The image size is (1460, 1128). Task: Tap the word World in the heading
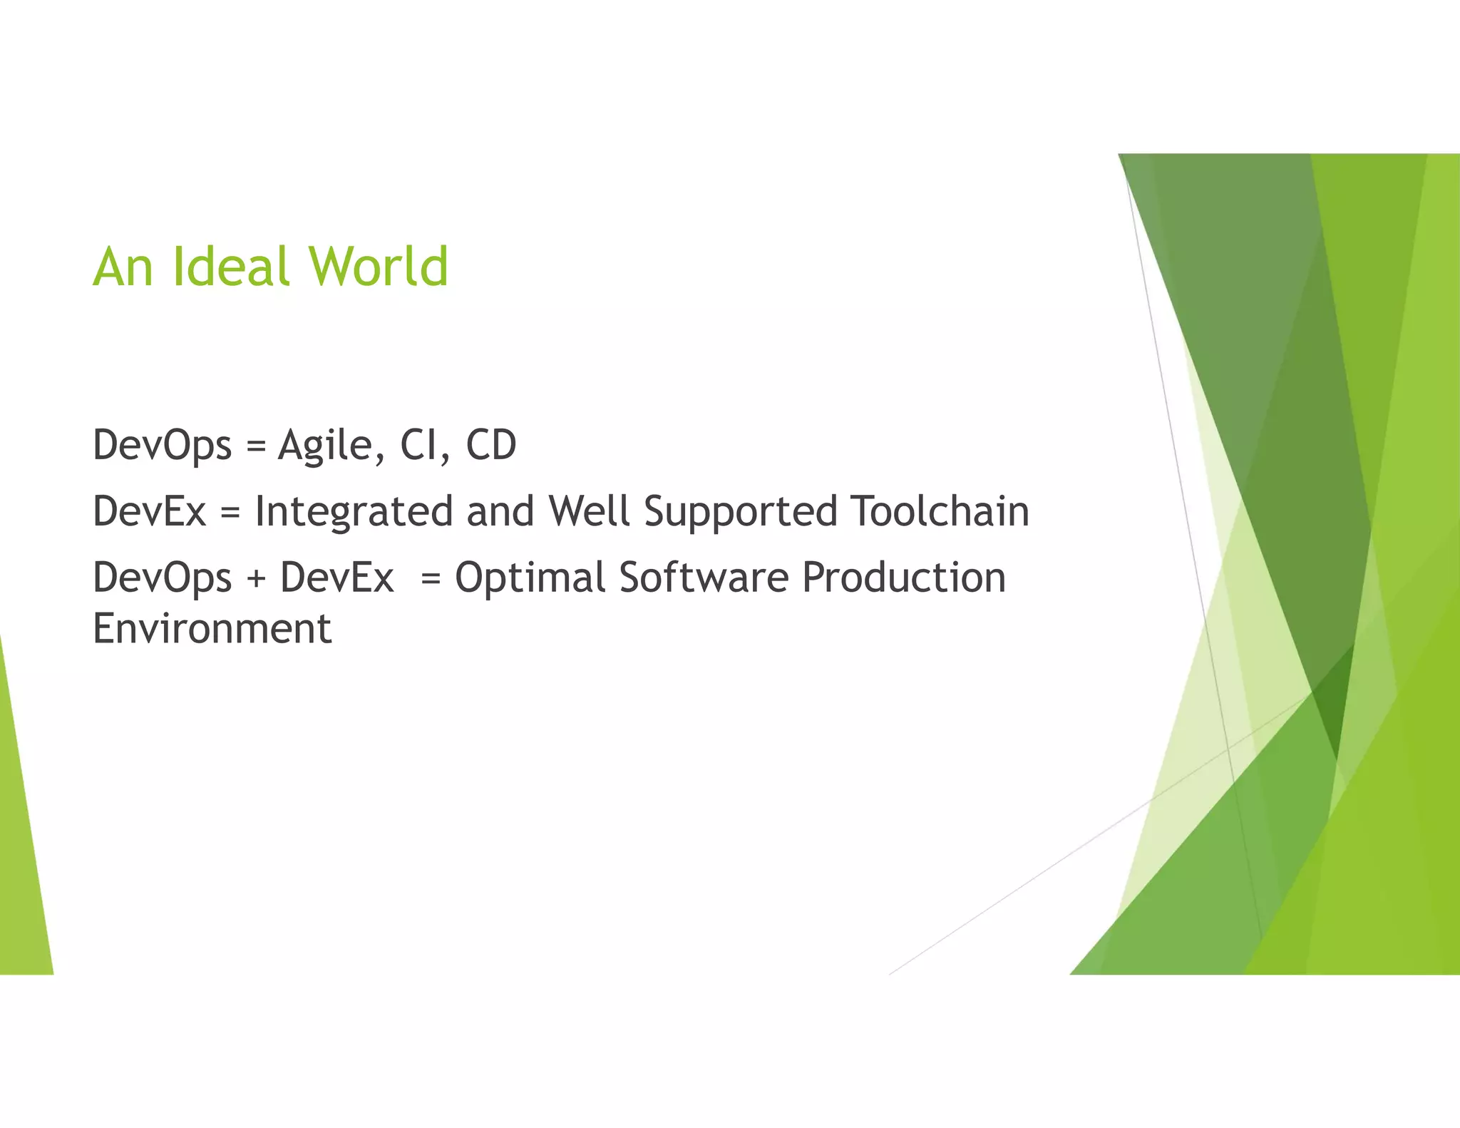pyautogui.click(x=378, y=267)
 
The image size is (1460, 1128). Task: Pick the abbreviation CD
pyautogui.click(x=491, y=446)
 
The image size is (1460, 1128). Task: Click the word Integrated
pyautogui.click(x=354, y=513)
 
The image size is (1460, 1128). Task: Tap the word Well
pyautogui.click(x=589, y=511)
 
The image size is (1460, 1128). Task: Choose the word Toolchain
pyautogui.click(x=940, y=511)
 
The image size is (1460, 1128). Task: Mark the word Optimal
pyautogui.click(x=530, y=578)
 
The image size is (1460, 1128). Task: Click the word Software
pyautogui.click(x=704, y=578)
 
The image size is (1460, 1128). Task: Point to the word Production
pyautogui.click(x=903, y=578)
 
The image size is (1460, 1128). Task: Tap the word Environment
pyautogui.click(x=212, y=629)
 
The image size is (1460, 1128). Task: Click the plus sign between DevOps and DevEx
pyautogui.click(x=256, y=579)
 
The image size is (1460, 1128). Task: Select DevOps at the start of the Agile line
pyautogui.click(x=163, y=446)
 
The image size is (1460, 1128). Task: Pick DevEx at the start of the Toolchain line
pyautogui.click(x=150, y=512)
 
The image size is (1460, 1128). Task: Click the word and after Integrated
pyautogui.click(x=500, y=512)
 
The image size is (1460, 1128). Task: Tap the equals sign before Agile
pyautogui.click(x=255, y=447)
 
